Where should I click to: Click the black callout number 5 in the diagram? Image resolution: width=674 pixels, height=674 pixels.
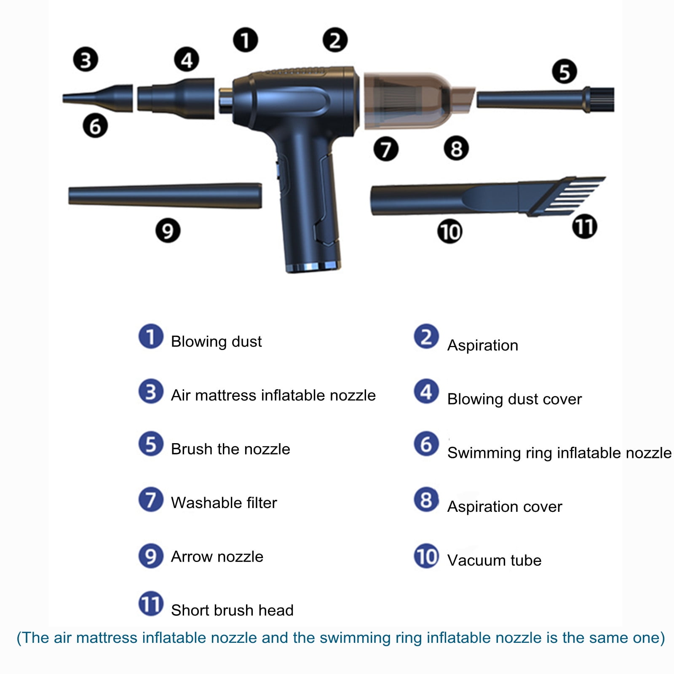point(564,72)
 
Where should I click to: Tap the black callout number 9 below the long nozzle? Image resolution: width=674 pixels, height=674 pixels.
point(168,230)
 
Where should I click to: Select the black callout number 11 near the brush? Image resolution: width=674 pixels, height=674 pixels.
point(585,226)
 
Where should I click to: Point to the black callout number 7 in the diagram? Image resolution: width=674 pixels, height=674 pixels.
point(386,149)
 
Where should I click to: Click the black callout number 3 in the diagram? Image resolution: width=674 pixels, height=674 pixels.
point(86,59)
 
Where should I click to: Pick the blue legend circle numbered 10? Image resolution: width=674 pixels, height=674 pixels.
point(426,556)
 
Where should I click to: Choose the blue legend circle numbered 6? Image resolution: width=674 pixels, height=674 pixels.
point(426,444)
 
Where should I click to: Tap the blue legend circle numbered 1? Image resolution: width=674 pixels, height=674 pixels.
point(151,337)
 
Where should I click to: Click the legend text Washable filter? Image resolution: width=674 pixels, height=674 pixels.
point(224,503)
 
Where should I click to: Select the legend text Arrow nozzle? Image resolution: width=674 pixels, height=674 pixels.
point(217,556)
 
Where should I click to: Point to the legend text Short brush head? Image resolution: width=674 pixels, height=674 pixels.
point(233,610)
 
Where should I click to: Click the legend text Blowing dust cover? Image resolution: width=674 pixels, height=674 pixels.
point(514,399)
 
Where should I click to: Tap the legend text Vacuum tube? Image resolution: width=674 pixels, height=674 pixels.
point(495,560)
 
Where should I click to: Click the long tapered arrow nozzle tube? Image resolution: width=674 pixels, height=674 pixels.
point(165,195)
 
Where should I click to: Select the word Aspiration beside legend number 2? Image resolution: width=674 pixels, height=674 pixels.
point(483,345)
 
